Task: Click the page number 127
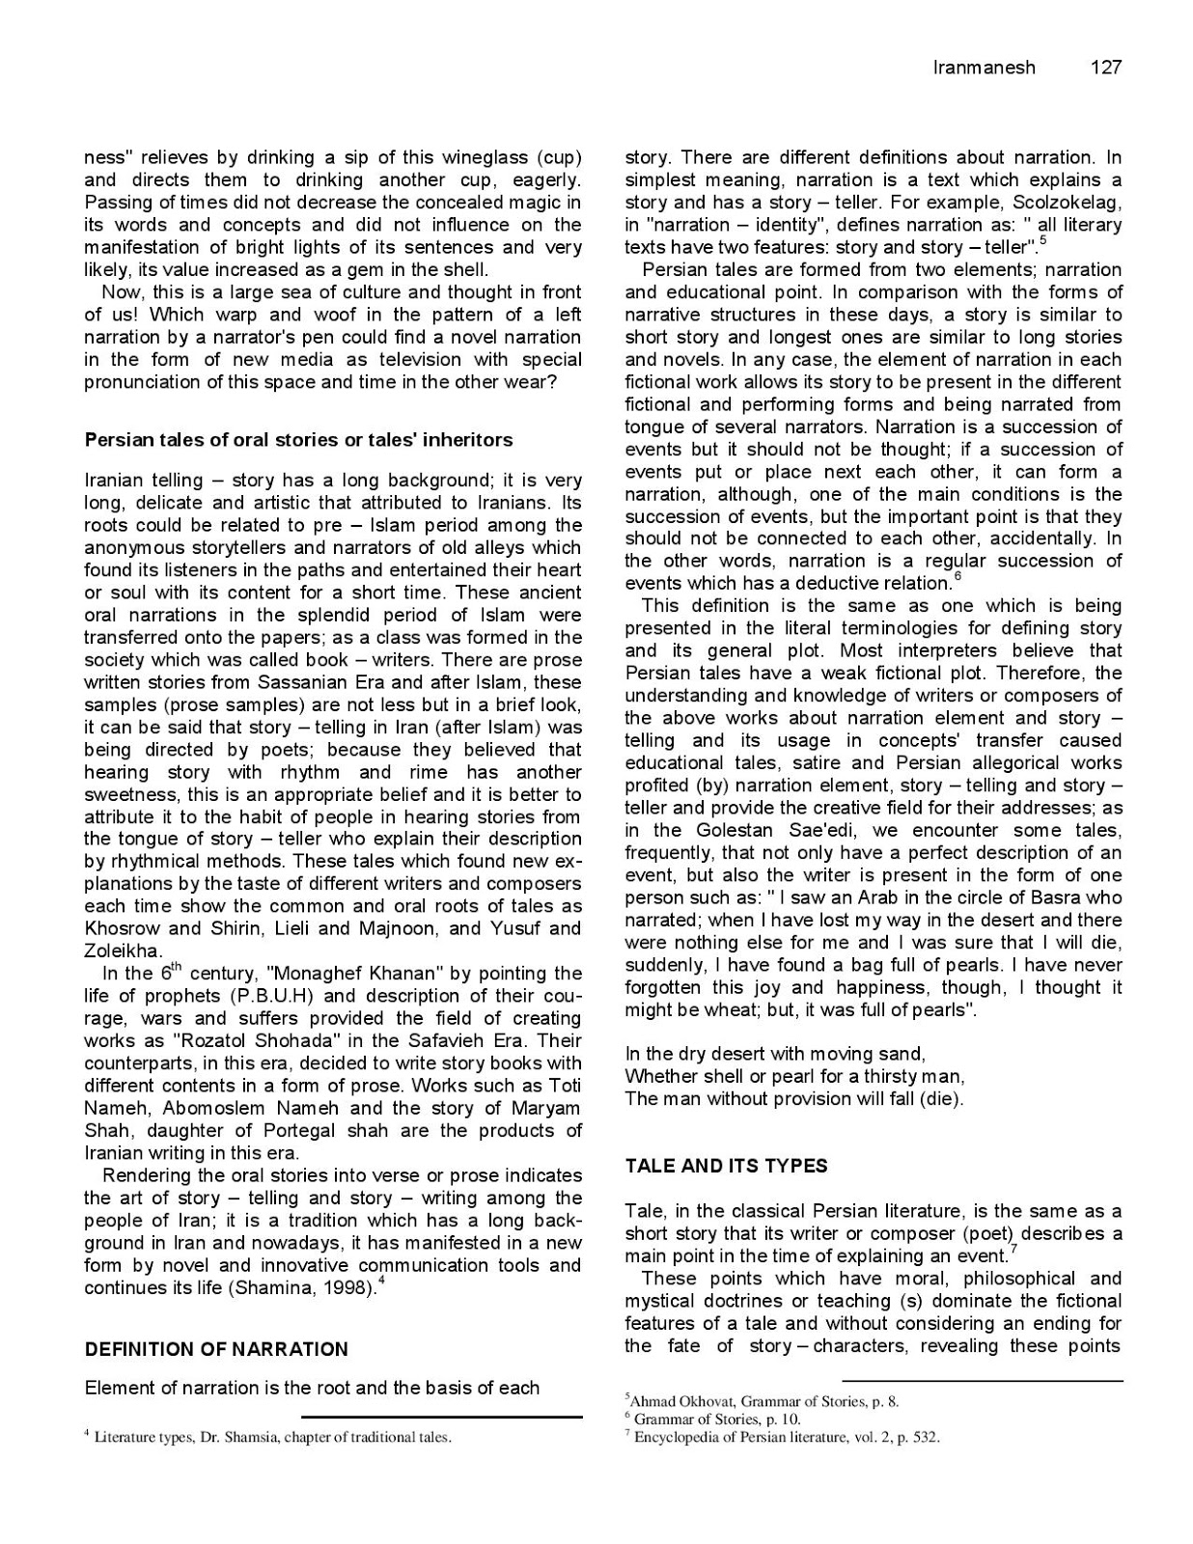click(x=1105, y=68)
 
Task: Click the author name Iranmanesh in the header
click(x=984, y=68)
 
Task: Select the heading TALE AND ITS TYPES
click(x=726, y=1166)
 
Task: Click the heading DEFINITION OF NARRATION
click(x=216, y=1349)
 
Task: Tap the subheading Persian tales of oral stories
click(x=298, y=440)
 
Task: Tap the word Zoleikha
click(x=123, y=951)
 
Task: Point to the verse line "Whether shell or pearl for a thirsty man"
click(x=794, y=1076)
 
